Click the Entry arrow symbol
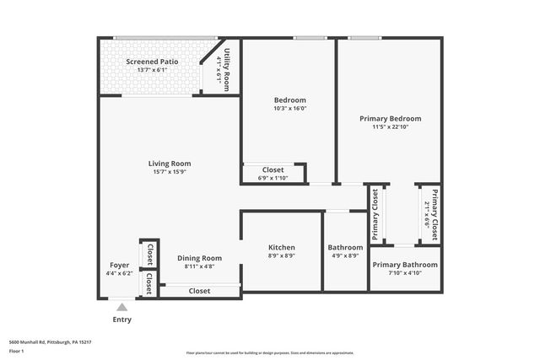(x=121, y=308)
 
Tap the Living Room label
(x=170, y=164)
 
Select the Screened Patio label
(x=153, y=62)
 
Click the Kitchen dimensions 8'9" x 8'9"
(x=282, y=255)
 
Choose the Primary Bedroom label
(x=390, y=119)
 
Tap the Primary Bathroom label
(x=405, y=265)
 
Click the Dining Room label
(x=199, y=258)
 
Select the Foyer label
(x=120, y=265)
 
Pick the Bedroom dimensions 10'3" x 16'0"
(x=289, y=108)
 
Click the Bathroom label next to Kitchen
(x=345, y=247)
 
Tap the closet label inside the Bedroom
(x=272, y=169)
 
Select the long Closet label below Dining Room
(x=199, y=291)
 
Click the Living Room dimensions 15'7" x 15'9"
(x=170, y=172)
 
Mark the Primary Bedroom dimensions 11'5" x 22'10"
(x=390, y=127)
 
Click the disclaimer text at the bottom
(x=270, y=352)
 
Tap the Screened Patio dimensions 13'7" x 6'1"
(x=153, y=70)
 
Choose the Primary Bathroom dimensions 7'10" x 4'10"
(x=405, y=273)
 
